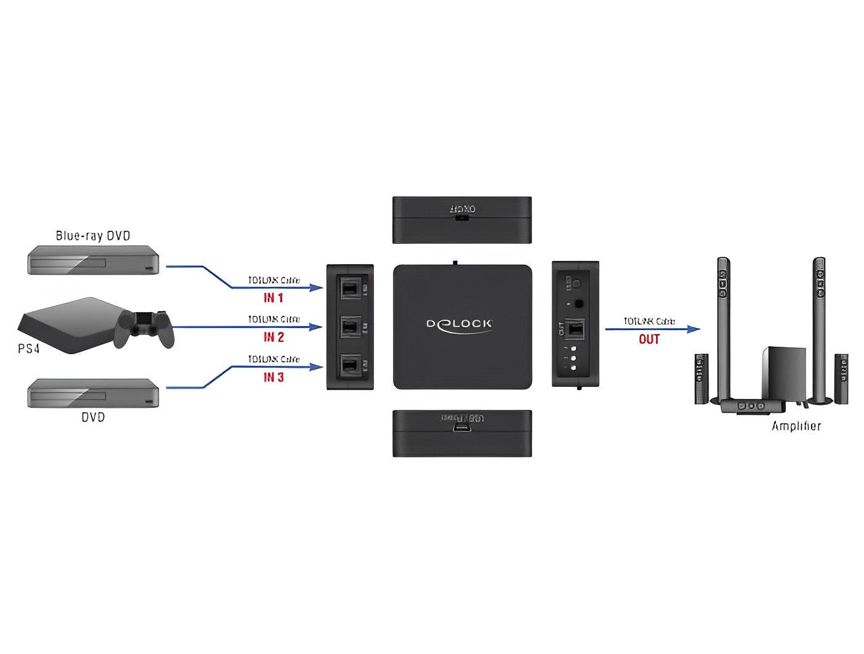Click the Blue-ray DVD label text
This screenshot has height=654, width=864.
(93, 236)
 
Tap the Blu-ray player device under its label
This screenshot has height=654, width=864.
(93, 260)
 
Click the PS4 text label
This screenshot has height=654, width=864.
(28, 349)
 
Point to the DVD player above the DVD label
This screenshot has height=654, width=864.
(93, 392)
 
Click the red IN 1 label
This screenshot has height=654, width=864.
(273, 298)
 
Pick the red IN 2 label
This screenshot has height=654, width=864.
(273, 337)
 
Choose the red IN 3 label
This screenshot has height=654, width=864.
(273, 377)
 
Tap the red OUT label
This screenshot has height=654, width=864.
(649, 339)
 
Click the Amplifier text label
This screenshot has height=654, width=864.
(796, 426)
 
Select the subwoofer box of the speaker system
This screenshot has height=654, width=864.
(784, 373)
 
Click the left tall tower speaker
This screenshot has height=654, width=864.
(723, 327)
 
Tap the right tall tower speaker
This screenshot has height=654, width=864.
(819, 327)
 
